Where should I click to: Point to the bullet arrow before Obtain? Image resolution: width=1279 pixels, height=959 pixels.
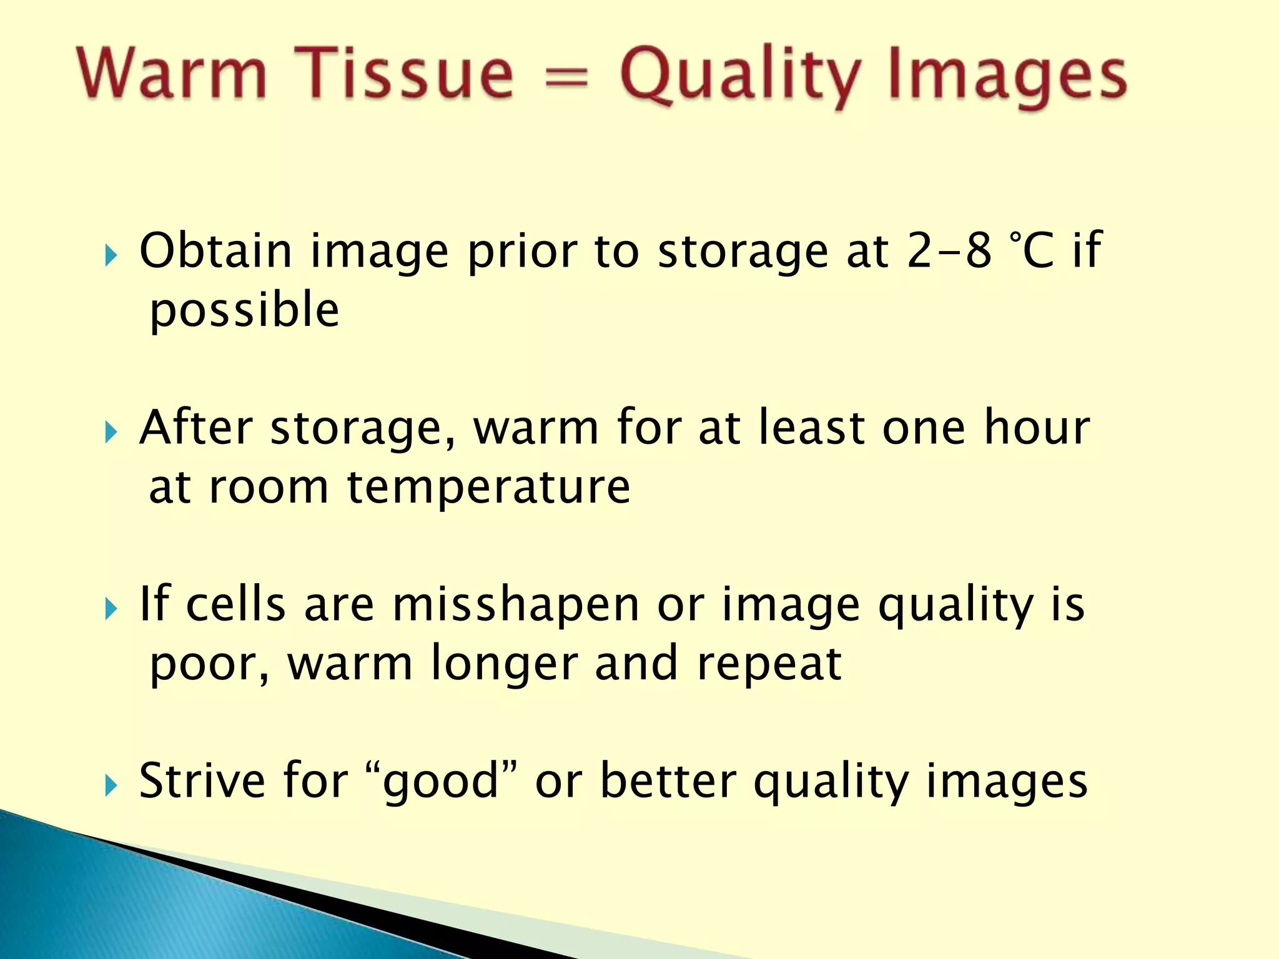pos(111,255)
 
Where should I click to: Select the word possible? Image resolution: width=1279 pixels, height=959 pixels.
pos(244,311)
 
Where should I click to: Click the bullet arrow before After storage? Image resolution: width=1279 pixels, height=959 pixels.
pos(111,432)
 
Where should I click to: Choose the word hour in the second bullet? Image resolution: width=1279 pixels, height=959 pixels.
pos(1037,428)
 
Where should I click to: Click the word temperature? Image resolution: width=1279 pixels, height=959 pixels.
pos(488,488)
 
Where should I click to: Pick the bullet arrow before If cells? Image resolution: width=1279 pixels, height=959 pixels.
pos(111,609)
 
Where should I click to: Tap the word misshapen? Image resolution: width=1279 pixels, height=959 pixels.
pos(516,606)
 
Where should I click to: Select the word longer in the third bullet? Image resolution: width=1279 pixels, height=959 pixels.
pos(504,664)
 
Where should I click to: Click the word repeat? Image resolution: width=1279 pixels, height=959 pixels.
pos(769,665)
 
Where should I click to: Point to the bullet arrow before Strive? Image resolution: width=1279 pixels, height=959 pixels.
pos(111,785)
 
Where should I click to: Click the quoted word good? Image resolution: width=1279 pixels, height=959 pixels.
pos(440,782)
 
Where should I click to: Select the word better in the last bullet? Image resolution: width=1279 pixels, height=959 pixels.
pos(668,781)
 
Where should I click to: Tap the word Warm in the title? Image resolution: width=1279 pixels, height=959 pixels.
pos(172,74)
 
